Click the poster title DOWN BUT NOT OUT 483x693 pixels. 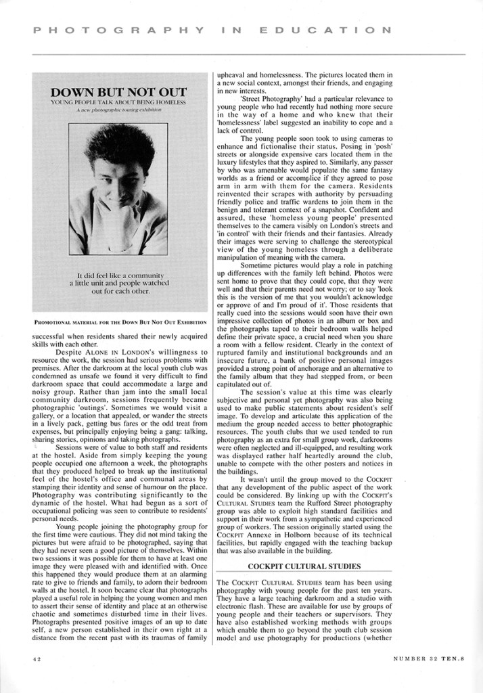click(x=119, y=91)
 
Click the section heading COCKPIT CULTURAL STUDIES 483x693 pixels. click(x=294, y=566)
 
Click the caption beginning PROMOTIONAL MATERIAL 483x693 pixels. click(x=119, y=322)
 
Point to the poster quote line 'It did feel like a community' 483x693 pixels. click(x=120, y=275)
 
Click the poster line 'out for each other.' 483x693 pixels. click(x=120, y=291)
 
